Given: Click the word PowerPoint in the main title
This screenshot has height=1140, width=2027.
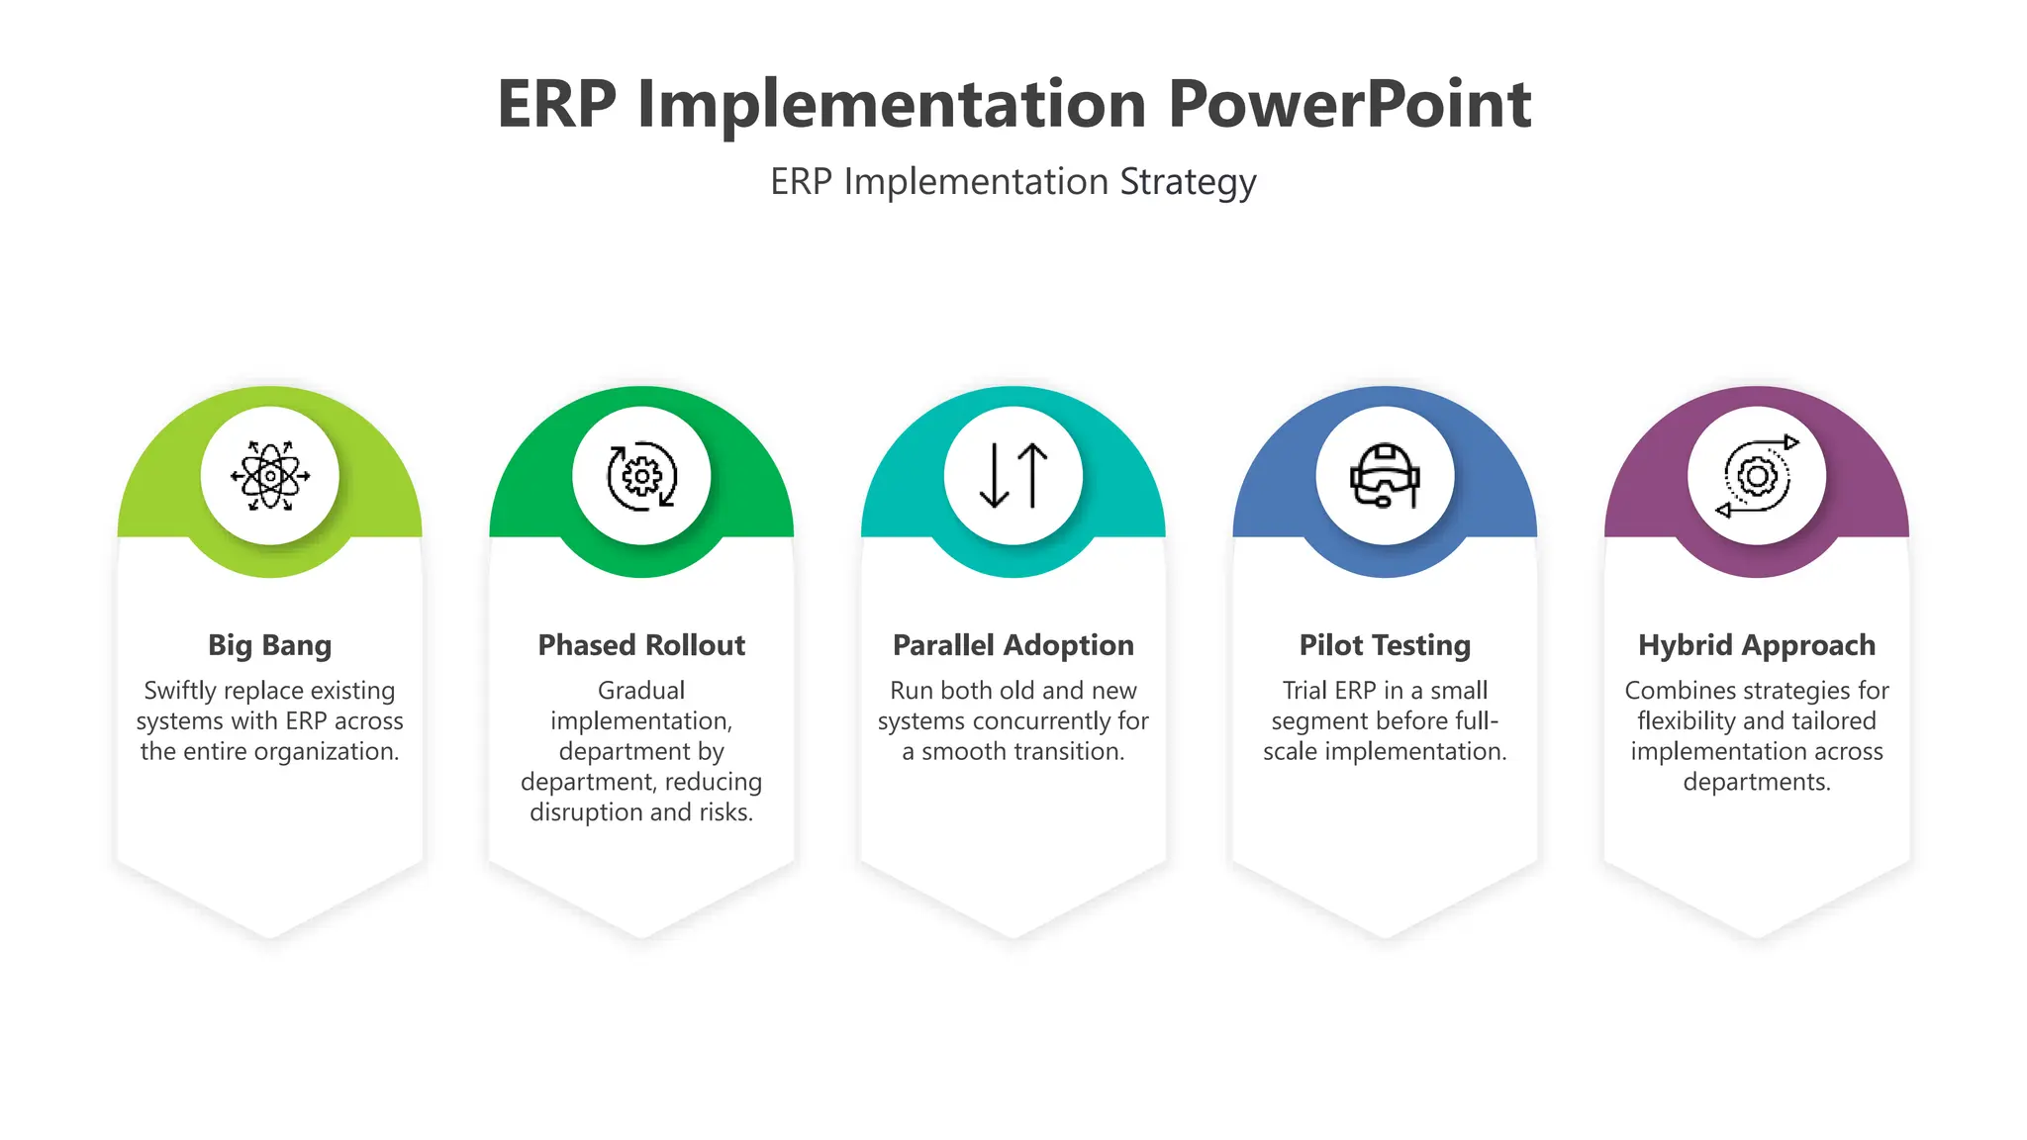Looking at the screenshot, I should [x=1349, y=104].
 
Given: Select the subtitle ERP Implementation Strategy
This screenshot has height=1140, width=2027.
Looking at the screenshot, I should [x=1013, y=182].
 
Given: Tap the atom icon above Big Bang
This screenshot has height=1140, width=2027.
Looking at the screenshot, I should [x=270, y=476].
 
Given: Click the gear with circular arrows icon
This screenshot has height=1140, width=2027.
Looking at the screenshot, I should [x=641, y=476].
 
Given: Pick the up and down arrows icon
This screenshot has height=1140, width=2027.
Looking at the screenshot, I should [x=1013, y=476].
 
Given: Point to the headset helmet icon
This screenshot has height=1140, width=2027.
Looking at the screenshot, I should [x=1385, y=476].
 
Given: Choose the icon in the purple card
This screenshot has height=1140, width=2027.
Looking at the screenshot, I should [x=1757, y=476].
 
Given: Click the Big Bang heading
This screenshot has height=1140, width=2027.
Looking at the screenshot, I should [x=270, y=645].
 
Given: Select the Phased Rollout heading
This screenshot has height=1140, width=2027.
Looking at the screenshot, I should [x=641, y=645].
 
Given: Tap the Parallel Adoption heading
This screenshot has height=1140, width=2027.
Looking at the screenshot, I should [x=1013, y=645].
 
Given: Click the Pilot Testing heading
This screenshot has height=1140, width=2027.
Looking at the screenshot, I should [x=1385, y=645].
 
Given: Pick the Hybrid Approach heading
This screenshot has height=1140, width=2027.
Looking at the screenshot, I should [x=1757, y=645].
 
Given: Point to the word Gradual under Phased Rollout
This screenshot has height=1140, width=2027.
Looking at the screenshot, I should [x=641, y=691].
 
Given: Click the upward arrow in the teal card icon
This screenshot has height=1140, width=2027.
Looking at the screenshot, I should [x=1032, y=474].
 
